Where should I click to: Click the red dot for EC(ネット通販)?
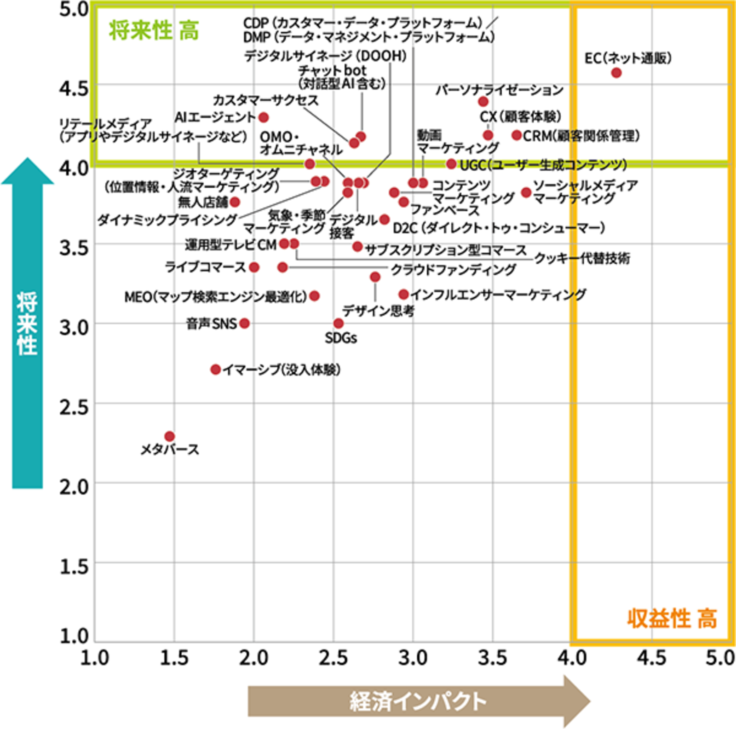pos(616,73)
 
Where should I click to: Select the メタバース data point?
pos(170,436)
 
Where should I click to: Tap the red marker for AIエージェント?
pos(264,117)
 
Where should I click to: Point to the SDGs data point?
pos(339,323)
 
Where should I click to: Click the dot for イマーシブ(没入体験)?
pos(216,369)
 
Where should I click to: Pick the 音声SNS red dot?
pos(245,323)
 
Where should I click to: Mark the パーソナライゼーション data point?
pos(483,101)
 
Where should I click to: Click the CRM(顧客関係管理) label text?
pos(581,136)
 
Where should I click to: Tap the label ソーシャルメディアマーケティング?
pos(584,192)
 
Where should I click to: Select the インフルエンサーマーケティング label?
pos(498,294)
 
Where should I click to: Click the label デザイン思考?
pos(378,311)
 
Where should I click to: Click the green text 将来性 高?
pos(154,31)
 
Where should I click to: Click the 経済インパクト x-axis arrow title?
pos(418,701)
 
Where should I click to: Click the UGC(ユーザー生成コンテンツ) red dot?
pos(451,164)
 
